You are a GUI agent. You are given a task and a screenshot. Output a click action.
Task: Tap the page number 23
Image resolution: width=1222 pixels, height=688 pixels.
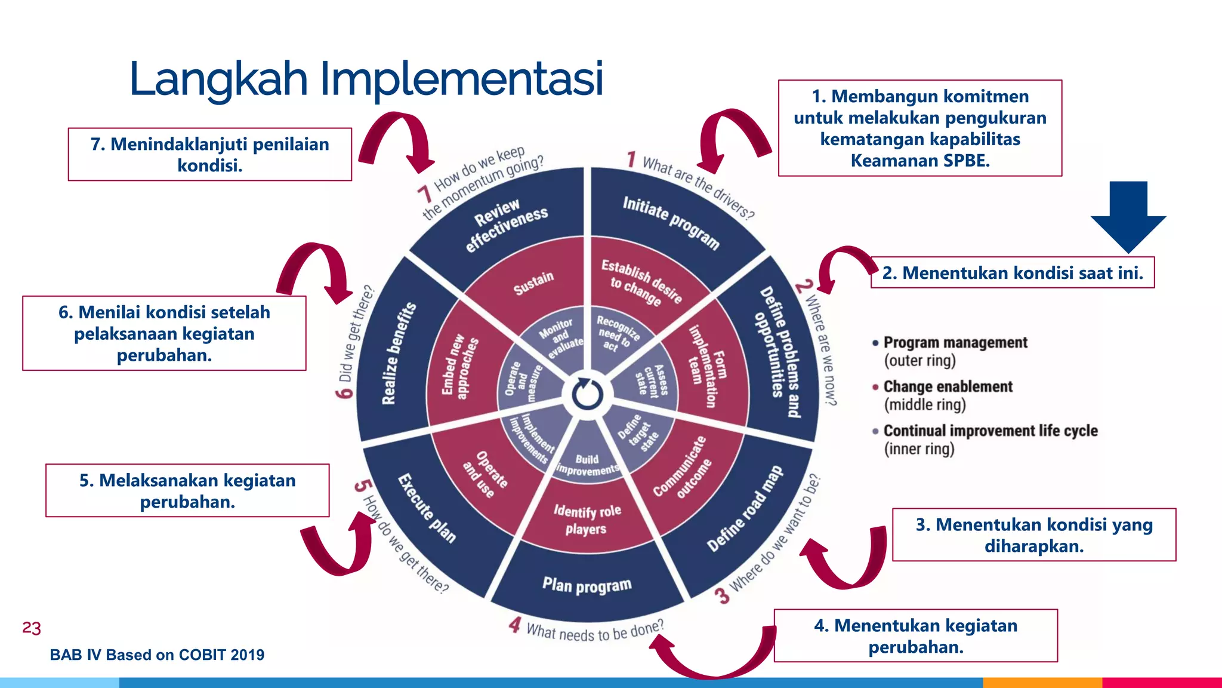[32, 628]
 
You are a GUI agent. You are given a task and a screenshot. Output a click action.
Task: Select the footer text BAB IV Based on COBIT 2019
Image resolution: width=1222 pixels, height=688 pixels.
[157, 655]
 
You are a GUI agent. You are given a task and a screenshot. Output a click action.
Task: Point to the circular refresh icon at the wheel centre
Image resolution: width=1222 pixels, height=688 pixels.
[588, 394]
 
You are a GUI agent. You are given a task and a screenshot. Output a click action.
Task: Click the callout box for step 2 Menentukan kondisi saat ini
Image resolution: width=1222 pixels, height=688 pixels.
[1012, 273]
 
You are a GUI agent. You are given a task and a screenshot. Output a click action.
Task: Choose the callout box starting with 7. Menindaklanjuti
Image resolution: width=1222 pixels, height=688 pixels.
[209, 154]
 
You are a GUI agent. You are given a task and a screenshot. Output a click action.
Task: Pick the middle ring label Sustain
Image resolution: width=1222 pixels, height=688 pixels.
[533, 283]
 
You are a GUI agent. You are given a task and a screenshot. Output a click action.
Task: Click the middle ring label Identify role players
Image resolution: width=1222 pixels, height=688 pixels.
[587, 520]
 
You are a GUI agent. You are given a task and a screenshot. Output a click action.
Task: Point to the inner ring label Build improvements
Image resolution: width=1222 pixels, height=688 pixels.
[588, 465]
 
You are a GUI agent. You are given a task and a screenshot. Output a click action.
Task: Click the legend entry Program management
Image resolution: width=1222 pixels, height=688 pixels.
[955, 343]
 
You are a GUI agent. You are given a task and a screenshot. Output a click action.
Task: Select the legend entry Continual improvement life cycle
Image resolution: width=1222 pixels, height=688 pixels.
[990, 431]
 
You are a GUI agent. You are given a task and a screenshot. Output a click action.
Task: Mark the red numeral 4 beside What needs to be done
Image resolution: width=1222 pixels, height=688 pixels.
[515, 625]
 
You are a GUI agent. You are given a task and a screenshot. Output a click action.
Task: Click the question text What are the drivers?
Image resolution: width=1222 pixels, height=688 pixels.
[698, 187]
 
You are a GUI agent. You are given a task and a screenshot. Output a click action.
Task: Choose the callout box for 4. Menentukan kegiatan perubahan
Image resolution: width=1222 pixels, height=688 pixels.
[915, 635]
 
